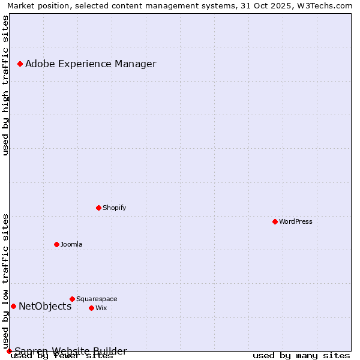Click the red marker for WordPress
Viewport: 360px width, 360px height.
tap(275, 221)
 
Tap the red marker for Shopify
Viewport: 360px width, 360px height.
tap(98, 208)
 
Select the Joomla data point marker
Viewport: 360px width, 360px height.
tap(56, 244)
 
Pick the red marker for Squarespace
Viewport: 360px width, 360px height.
tap(72, 299)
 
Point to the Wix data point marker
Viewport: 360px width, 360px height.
tap(91, 308)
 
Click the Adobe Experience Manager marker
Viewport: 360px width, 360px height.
tap(20, 64)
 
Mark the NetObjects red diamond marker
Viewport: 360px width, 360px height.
tap(13, 306)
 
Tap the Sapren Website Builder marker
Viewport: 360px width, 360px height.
tap(9, 351)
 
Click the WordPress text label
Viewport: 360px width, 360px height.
tap(296, 221)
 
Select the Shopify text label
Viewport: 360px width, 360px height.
tap(114, 208)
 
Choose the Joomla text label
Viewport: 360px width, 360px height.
tap(71, 244)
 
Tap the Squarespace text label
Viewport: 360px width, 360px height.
tap(97, 299)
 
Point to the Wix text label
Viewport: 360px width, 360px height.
tap(101, 308)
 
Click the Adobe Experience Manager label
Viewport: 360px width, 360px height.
tap(91, 64)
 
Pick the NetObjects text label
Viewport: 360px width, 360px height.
tap(45, 306)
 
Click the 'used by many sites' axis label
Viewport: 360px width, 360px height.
tap(301, 356)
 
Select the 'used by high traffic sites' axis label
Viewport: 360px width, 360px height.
tap(5, 85)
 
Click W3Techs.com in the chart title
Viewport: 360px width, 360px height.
tap(323, 6)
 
